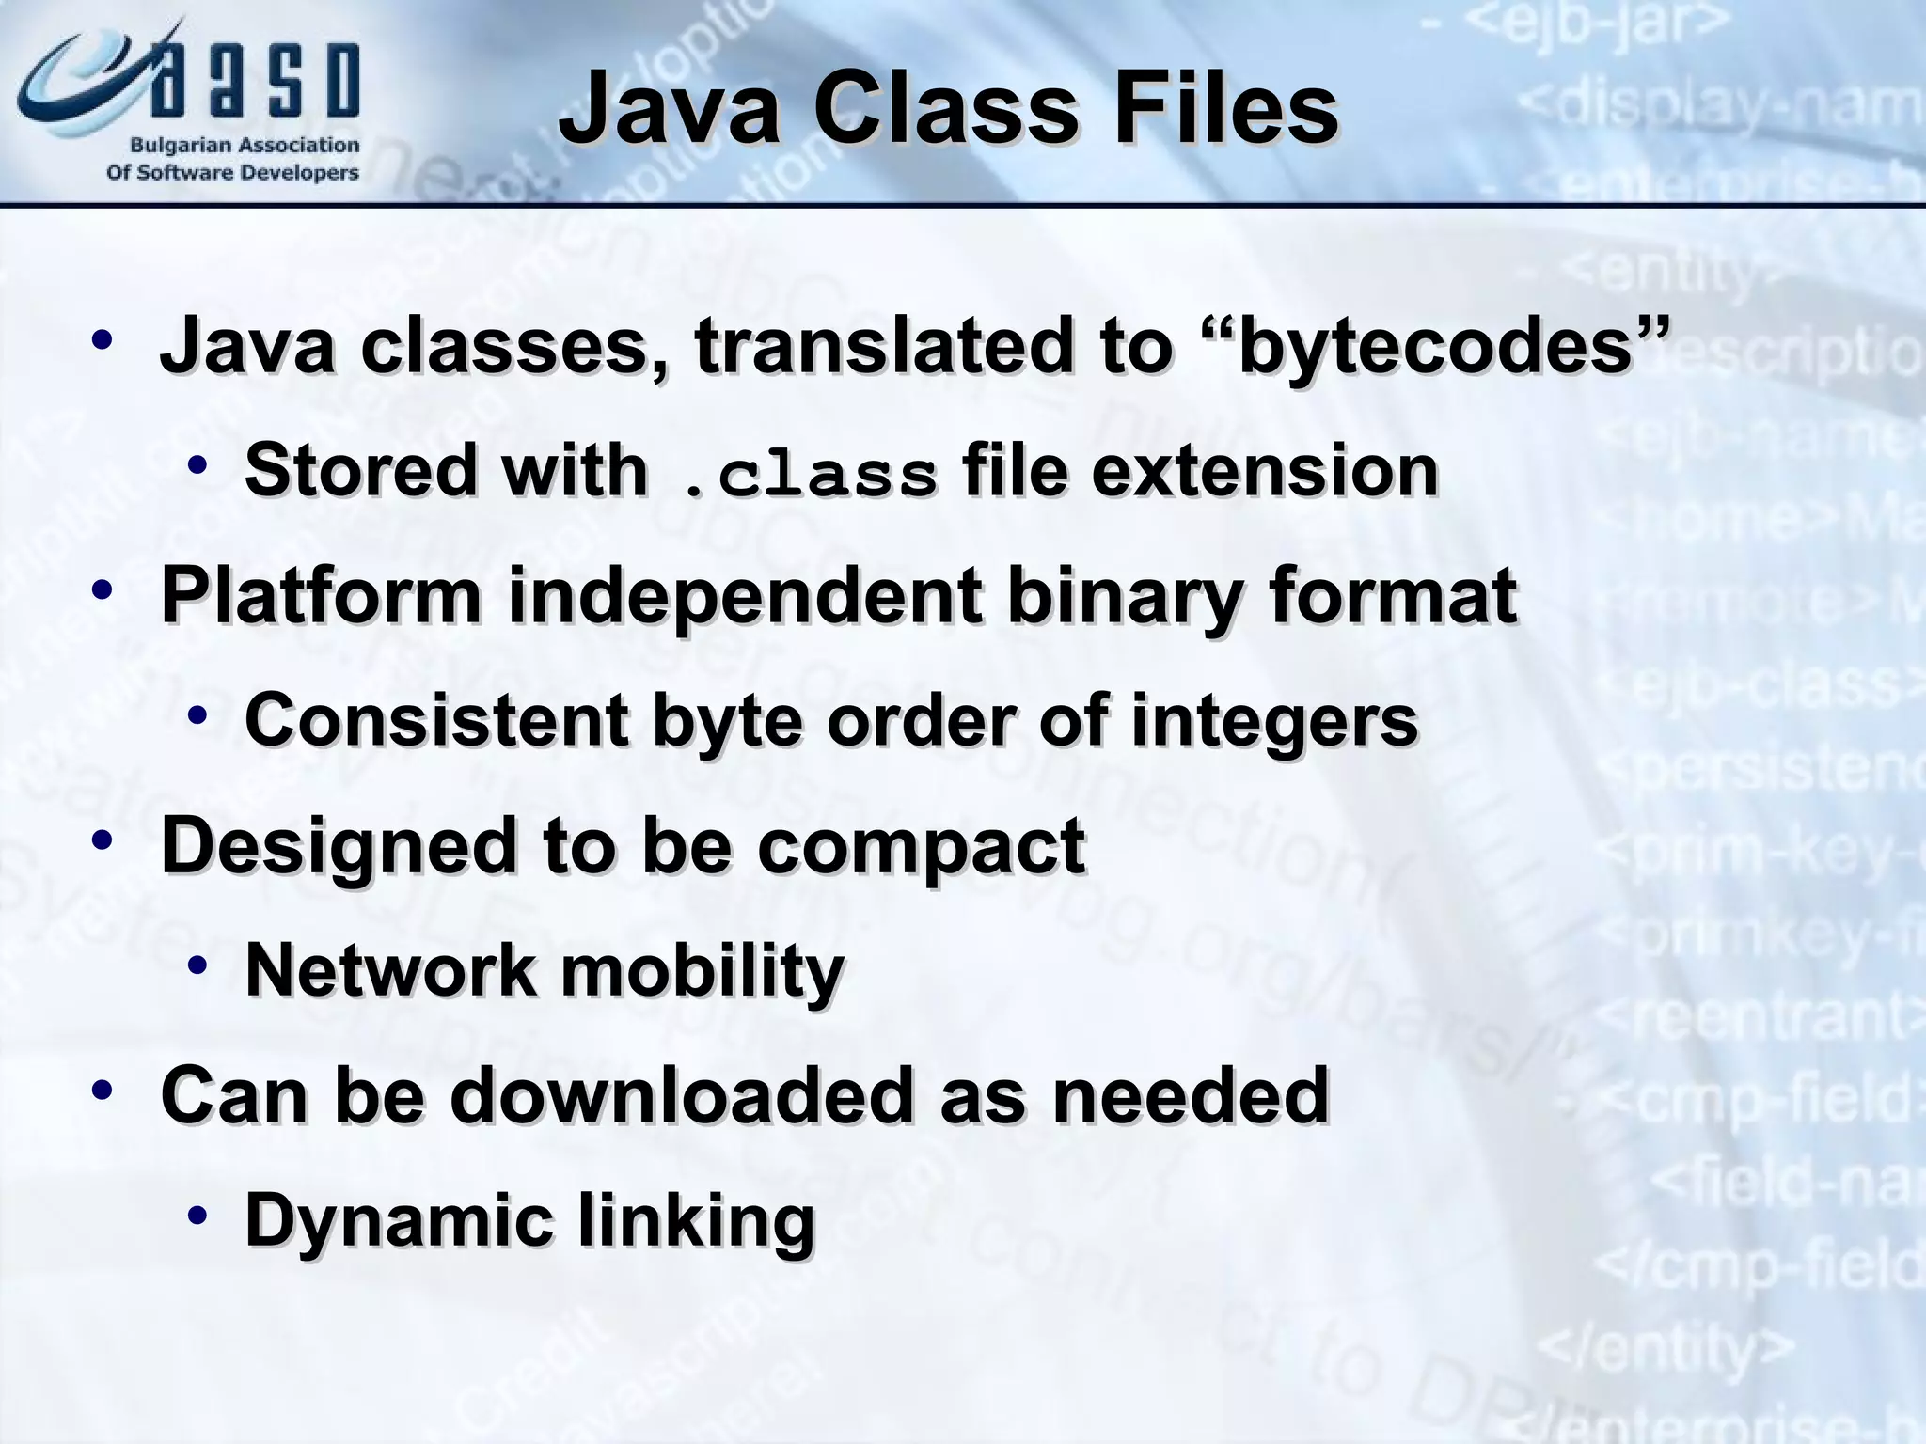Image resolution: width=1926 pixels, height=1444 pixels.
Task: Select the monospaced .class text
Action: (x=809, y=475)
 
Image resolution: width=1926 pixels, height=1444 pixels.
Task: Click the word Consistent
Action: (x=436, y=720)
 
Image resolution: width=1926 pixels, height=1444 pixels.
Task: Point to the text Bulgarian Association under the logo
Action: (x=244, y=146)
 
